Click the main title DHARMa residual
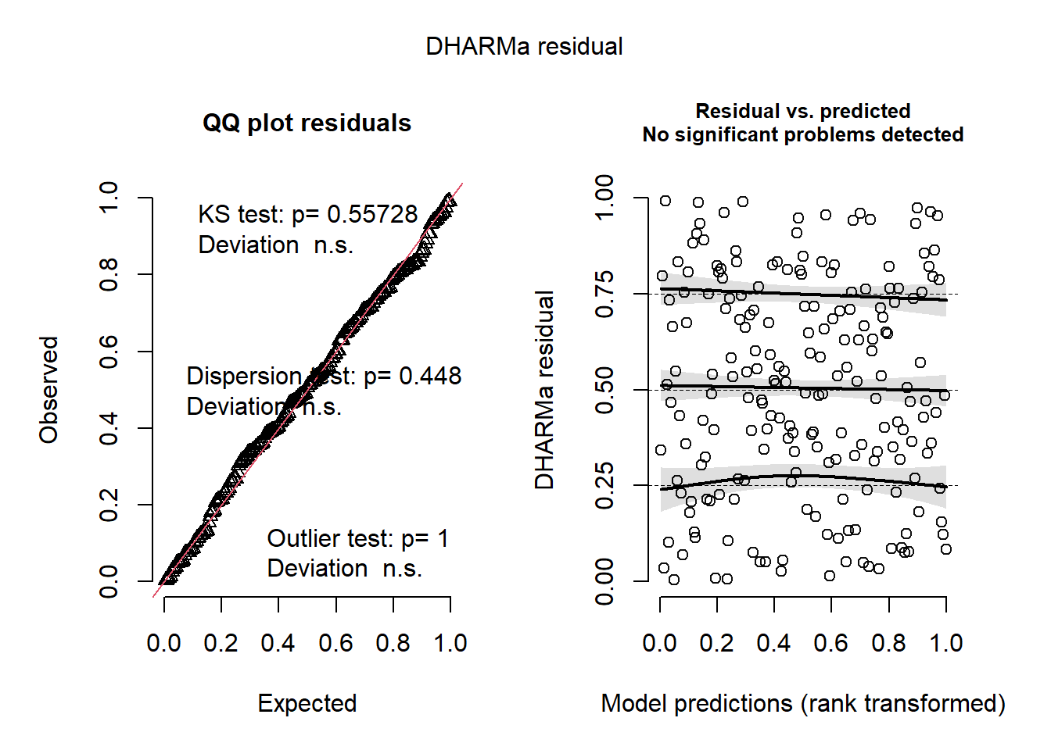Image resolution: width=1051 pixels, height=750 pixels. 524,47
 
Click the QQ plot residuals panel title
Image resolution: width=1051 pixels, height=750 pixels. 307,123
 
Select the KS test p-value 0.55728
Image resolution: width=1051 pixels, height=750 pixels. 372,214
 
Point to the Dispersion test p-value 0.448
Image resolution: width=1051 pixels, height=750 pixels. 430,376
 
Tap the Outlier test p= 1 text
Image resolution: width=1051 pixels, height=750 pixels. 358,538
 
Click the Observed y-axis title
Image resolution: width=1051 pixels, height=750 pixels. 49,390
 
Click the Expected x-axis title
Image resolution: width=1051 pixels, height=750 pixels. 307,703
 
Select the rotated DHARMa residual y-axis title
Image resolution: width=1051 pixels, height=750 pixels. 544,390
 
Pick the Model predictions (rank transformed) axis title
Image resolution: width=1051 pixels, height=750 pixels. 803,703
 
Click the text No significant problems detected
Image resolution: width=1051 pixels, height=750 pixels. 803,134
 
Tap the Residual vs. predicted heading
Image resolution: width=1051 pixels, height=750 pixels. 803,111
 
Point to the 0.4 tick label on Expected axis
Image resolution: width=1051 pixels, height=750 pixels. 278,643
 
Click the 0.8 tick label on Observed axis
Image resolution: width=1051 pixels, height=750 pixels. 109,275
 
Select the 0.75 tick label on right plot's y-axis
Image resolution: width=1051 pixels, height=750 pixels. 604,295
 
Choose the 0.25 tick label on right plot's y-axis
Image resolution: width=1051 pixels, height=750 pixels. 604,486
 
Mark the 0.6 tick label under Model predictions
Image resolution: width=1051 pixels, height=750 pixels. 831,643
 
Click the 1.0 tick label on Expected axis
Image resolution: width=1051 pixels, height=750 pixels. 450,643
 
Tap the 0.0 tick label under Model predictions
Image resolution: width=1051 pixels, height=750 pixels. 660,643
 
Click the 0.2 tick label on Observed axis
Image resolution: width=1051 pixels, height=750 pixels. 109,505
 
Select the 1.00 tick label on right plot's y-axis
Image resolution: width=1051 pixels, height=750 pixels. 604,198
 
